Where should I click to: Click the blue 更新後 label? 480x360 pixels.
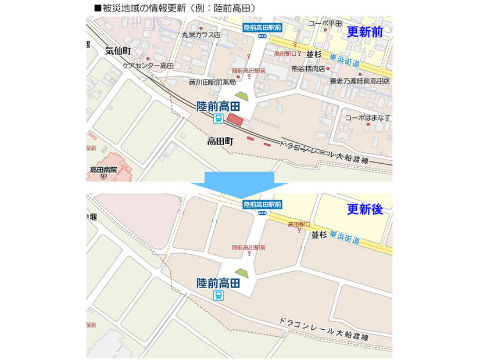(x=365, y=210)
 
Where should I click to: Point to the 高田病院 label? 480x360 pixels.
(x=103, y=170)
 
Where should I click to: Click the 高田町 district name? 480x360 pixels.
(x=220, y=141)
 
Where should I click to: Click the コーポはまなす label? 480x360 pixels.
(x=367, y=118)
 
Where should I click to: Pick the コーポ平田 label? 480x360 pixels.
(x=325, y=23)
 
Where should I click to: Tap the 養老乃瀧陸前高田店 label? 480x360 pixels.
(x=360, y=81)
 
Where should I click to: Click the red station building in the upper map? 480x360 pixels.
(x=235, y=120)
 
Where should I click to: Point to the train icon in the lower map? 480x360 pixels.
(x=218, y=296)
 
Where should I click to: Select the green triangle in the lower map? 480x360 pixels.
(x=241, y=272)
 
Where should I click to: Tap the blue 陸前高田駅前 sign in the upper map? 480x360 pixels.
(x=262, y=27)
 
